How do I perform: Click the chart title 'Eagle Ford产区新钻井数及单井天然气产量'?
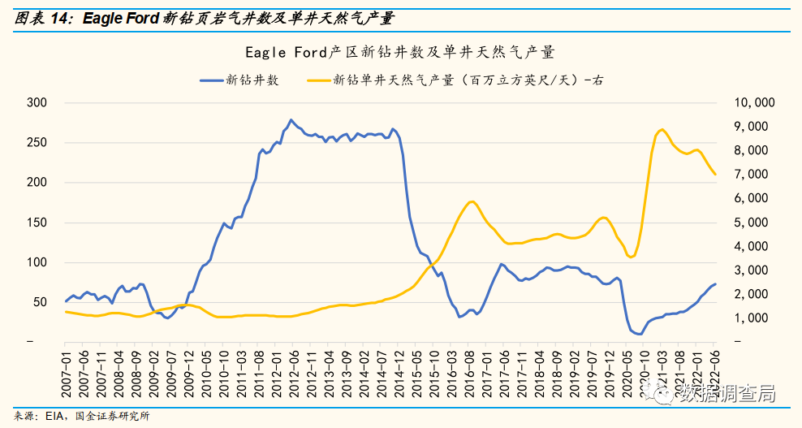pos(400,53)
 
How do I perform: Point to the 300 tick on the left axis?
pos(38,103)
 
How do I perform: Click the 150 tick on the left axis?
pos(38,223)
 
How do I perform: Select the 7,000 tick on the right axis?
pos(757,175)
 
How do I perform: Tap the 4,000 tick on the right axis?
pos(757,246)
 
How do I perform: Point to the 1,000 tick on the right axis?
pos(757,318)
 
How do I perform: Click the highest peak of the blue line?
pos(291,120)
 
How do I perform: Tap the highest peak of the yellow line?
pos(662,130)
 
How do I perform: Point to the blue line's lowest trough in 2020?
pos(640,334)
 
